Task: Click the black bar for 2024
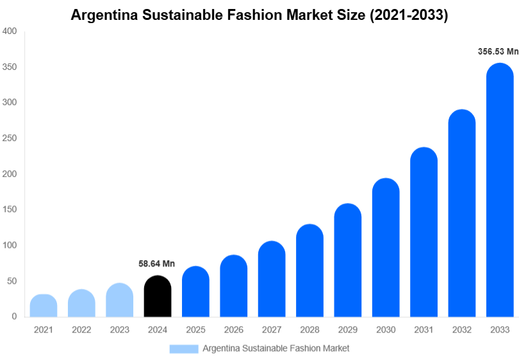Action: [158, 297]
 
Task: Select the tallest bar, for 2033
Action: [500, 192]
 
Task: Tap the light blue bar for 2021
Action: [44, 306]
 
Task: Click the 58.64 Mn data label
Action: [157, 263]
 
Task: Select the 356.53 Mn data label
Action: [498, 52]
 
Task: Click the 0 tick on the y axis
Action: [13, 316]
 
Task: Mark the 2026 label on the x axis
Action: [233, 330]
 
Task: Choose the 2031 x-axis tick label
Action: [424, 330]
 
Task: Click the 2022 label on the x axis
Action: [81, 330]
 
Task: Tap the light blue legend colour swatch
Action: [184, 348]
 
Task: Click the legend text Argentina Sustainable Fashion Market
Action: [276, 348]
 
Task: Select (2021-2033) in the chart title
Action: [408, 15]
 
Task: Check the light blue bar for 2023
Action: [120, 300]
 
